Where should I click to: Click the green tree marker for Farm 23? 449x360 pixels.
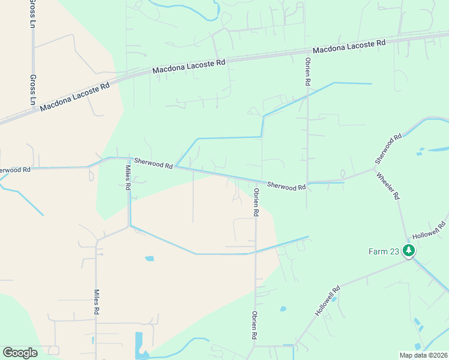pos(409,250)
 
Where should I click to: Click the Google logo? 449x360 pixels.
pos(20,352)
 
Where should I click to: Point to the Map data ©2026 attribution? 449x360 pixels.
pos(423,355)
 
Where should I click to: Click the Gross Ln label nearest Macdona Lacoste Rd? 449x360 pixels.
pos(32,89)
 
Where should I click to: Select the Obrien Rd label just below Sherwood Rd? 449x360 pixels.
pos(256,202)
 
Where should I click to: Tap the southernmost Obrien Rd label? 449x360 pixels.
pos(255,326)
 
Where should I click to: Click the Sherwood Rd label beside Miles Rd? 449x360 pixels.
pos(153,163)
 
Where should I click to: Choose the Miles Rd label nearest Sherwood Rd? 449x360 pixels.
pos(127,178)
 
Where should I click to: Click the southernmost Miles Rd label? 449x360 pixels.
pos(95,302)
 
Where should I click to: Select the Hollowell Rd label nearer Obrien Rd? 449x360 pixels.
pos(328,301)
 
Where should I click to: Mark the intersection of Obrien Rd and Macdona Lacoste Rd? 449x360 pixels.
pos(307,53)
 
